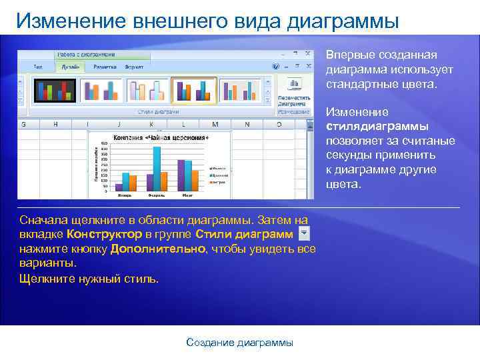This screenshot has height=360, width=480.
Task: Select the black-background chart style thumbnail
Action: pyautogui.click(x=47, y=91)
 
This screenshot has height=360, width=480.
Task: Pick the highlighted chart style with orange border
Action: pyautogui.click(x=193, y=91)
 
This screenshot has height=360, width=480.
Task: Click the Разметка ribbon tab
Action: pyautogui.click(x=105, y=67)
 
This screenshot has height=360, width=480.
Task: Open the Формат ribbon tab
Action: pyautogui.click(x=134, y=67)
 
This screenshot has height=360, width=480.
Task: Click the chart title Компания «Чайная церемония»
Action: pyautogui.click(x=160, y=137)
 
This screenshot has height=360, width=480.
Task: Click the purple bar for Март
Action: pyautogui.click(x=181, y=175)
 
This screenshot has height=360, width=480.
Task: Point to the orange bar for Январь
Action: pyautogui.click(x=133, y=183)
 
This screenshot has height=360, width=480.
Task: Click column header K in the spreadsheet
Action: pyautogui.click(x=151, y=124)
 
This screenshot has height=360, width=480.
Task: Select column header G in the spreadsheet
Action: pyautogui.click(x=24, y=124)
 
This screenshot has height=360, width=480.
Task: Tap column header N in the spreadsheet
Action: pyautogui.click(x=247, y=124)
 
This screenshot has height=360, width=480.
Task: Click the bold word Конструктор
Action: pyautogui.click(x=104, y=234)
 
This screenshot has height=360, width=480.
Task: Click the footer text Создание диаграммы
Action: pyautogui.click(x=239, y=343)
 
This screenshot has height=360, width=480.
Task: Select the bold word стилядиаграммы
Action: pyautogui.click(x=377, y=127)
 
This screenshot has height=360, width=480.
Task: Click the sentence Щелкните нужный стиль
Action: pyautogui.click(x=89, y=278)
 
